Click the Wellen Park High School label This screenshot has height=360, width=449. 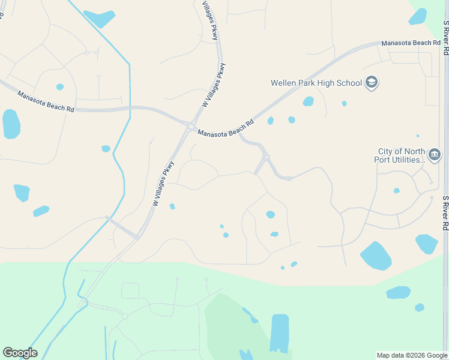pyautogui.click(x=316, y=83)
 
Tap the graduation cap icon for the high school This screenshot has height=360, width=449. pyautogui.click(x=372, y=82)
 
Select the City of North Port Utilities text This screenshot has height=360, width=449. pyautogui.click(x=402, y=156)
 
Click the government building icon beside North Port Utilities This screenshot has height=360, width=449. pyautogui.click(x=435, y=155)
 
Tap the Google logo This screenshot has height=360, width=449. pyautogui.click(x=20, y=353)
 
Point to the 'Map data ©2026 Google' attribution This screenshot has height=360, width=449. pyautogui.click(x=411, y=355)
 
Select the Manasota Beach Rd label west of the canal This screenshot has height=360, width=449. pyautogui.click(x=46, y=102)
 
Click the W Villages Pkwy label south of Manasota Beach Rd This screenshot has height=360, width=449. pyautogui.click(x=163, y=183)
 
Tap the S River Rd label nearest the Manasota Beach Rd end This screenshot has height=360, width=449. pyautogui.click(x=446, y=38)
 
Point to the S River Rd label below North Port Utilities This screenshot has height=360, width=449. pyautogui.click(x=446, y=213)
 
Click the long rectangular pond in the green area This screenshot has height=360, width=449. pyautogui.click(x=279, y=332)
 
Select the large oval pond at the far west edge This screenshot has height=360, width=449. pyautogui.click(x=11, y=124)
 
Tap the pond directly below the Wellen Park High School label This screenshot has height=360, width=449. pyautogui.click(x=308, y=101)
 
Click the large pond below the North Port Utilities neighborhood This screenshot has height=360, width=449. pyautogui.click(x=376, y=256)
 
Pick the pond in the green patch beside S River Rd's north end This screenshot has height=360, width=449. pyautogui.click(x=418, y=16)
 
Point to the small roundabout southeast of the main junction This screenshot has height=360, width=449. pyautogui.click(x=265, y=157)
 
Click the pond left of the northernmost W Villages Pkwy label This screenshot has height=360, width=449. pyautogui.click(x=99, y=19)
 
